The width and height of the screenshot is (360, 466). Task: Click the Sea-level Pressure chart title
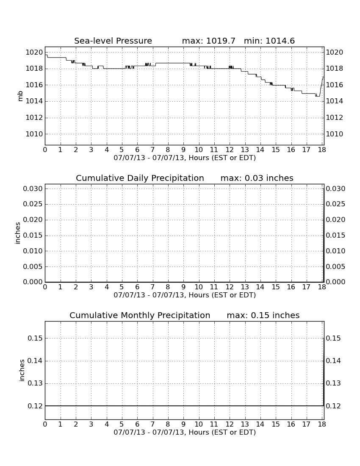tap(113, 41)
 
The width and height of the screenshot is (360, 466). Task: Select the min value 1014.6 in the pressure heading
tap(280, 41)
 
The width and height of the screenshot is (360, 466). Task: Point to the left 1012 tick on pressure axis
tap(34, 118)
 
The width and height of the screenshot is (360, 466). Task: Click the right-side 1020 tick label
tap(335, 52)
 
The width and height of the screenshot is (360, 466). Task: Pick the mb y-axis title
tap(20, 96)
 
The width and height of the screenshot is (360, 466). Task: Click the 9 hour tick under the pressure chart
tap(183, 150)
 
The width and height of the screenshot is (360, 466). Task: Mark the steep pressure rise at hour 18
tap(321, 86)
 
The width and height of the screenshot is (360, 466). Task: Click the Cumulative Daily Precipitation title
tap(140, 178)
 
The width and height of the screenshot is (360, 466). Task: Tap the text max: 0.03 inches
tap(257, 178)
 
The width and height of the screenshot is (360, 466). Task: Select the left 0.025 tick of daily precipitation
tap(33, 204)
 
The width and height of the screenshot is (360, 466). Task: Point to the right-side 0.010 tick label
tap(335, 251)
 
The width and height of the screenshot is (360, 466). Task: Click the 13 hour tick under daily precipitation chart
tap(245, 287)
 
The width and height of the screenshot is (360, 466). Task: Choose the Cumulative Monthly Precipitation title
tap(140, 315)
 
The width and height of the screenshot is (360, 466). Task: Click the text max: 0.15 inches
tap(263, 315)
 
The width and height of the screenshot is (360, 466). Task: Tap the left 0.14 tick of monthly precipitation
tap(35, 361)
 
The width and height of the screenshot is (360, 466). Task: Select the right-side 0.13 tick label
tap(333, 383)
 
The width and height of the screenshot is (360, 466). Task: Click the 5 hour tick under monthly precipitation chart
tap(122, 424)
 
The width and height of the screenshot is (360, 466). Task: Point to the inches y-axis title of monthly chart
tap(22, 370)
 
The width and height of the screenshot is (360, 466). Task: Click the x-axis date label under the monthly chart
tap(185, 433)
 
